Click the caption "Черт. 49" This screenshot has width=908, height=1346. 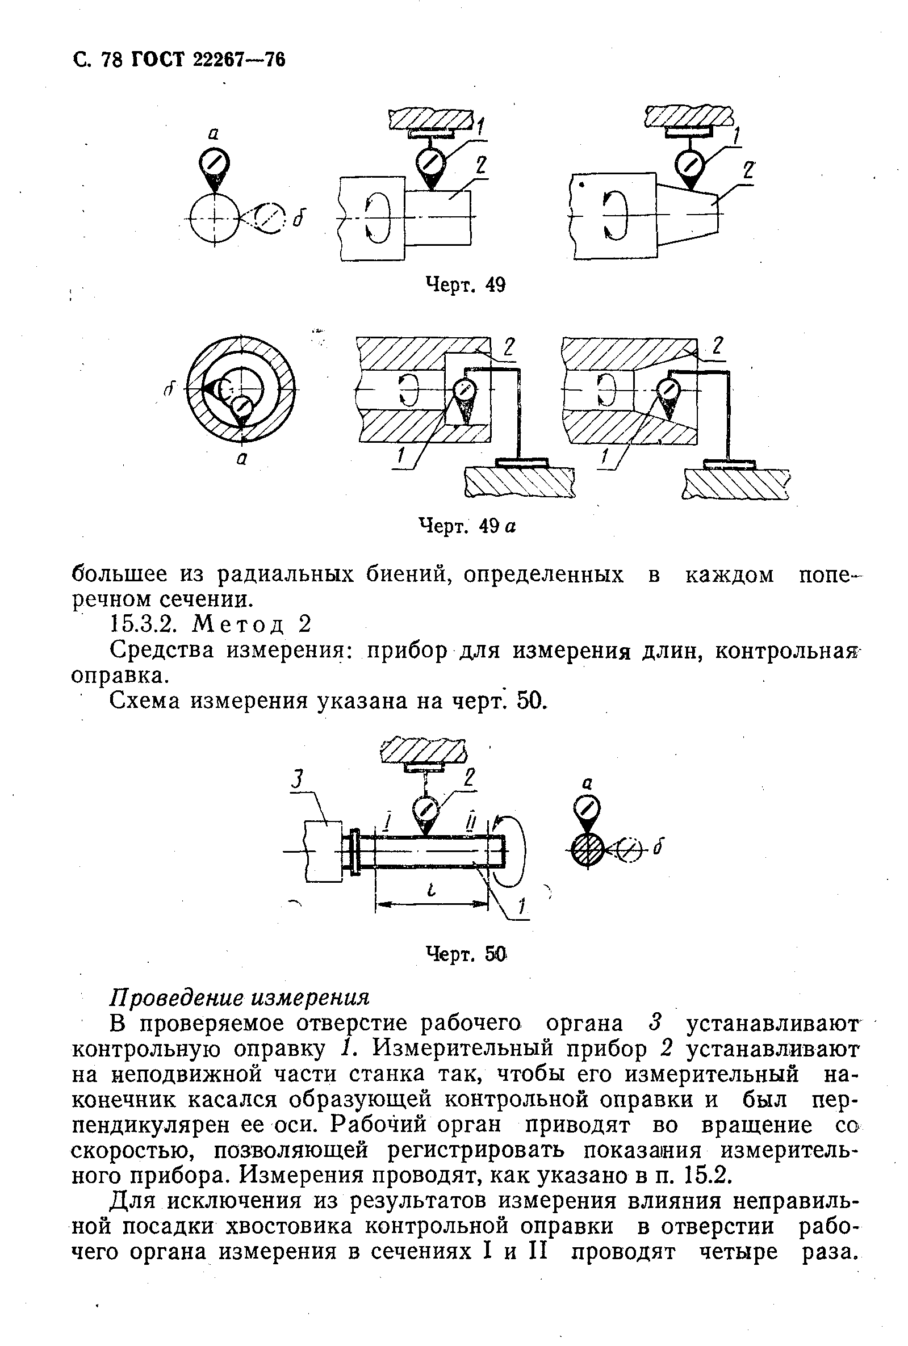pos(465,285)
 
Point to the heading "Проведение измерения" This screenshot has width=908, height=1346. pos(239,997)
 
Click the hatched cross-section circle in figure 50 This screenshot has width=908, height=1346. pos(587,850)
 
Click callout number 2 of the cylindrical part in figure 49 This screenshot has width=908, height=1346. pos(480,166)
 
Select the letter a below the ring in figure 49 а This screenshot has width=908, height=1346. pos(242,459)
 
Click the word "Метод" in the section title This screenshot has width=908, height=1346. pos(238,624)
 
